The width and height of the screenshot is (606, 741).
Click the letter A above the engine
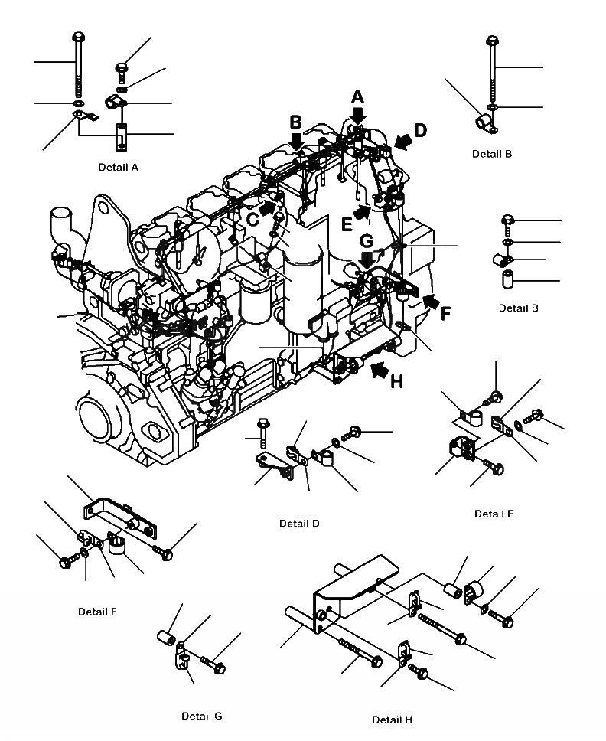pyautogui.click(x=357, y=96)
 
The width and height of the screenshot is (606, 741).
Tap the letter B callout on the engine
pyautogui.click(x=295, y=122)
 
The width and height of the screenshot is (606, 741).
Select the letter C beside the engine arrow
pyautogui.click(x=252, y=220)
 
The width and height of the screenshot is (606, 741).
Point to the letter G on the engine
pyautogui.click(x=367, y=242)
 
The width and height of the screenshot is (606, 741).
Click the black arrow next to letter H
pyautogui.click(x=376, y=370)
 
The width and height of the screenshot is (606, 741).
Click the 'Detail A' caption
pyautogui.click(x=119, y=166)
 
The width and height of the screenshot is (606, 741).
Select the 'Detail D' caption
pyautogui.click(x=299, y=524)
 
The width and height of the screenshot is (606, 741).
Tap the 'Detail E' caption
pyautogui.click(x=494, y=514)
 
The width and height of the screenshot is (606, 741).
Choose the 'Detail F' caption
pyautogui.click(x=97, y=612)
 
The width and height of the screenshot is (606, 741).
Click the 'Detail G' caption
pyautogui.click(x=202, y=716)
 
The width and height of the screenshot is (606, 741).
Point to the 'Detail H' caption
pyautogui.click(x=392, y=720)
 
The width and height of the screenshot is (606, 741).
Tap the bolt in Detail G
pyautogui.click(x=213, y=663)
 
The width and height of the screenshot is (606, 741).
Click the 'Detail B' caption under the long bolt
pyautogui.click(x=492, y=154)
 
